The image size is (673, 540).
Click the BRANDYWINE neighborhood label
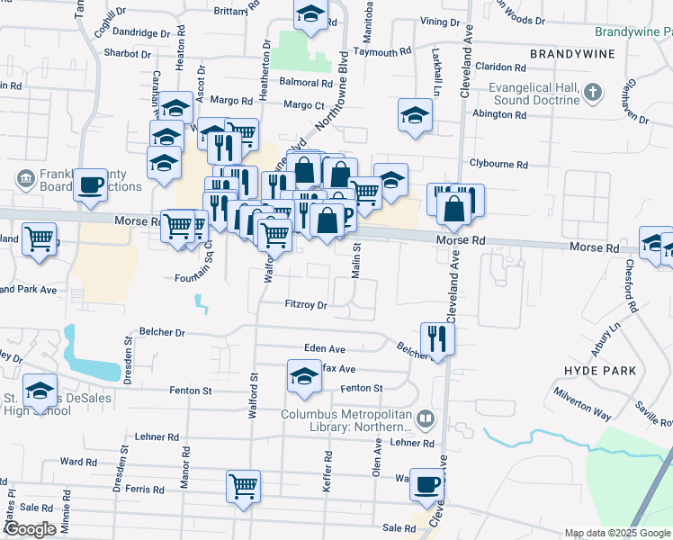click(x=572, y=54)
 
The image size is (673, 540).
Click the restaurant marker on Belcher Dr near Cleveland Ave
click(x=437, y=338)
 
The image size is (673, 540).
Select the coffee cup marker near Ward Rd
click(x=426, y=484)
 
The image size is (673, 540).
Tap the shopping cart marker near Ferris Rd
click(x=244, y=487)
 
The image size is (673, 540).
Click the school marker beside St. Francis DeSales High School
click(x=40, y=390)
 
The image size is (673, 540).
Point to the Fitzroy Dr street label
click(x=306, y=305)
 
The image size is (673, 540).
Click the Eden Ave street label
click(x=326, y=349)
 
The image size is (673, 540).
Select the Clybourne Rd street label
click(x=497, y=164)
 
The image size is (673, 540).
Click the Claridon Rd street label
click(x=500, y=67)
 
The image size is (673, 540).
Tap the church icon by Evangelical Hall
click(x=593, y=92)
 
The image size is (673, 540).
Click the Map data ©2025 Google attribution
click(x=617, y=533)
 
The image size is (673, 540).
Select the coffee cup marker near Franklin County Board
click(x=90, y=185)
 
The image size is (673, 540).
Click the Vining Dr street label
click(x=439, y=21)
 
